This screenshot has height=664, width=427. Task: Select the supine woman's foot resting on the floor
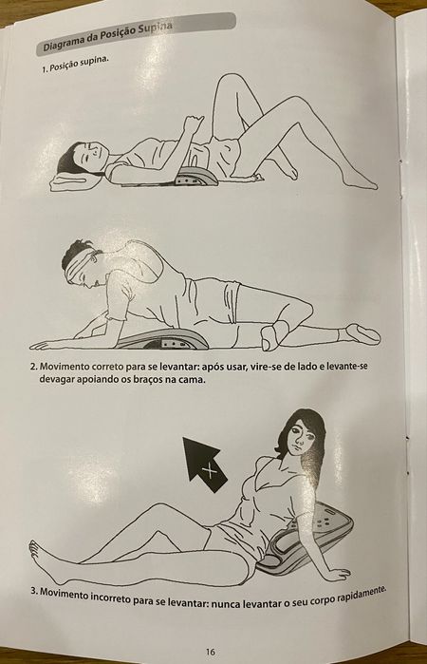361,180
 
